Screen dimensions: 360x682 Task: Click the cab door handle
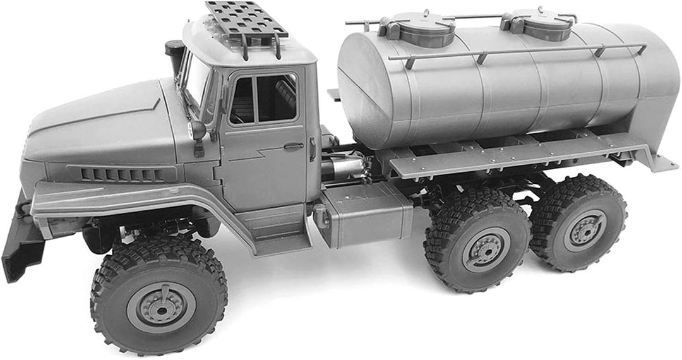coord(293,147)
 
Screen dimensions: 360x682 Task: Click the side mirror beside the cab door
coord(198,131)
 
